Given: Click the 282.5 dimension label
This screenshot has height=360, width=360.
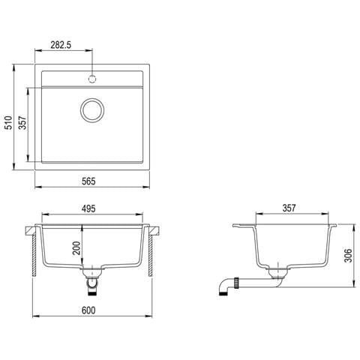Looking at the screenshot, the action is point(61,45).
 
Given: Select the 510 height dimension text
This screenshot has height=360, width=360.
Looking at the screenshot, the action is point(9,122).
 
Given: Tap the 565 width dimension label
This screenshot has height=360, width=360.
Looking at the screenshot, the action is point(88,181).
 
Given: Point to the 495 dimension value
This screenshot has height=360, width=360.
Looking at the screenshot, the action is point(88,208).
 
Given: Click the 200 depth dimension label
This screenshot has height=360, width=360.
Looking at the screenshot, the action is point(76,248).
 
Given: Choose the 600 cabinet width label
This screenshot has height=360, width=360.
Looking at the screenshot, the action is point(88,310).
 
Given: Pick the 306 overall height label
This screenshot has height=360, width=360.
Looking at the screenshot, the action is point(348,256).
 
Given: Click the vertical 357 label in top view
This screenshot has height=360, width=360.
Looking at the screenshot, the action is point(22,122).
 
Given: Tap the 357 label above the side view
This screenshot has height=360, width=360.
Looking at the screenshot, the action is point(289,208).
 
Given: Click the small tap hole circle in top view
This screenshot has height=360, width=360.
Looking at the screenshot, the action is point(92,79).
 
